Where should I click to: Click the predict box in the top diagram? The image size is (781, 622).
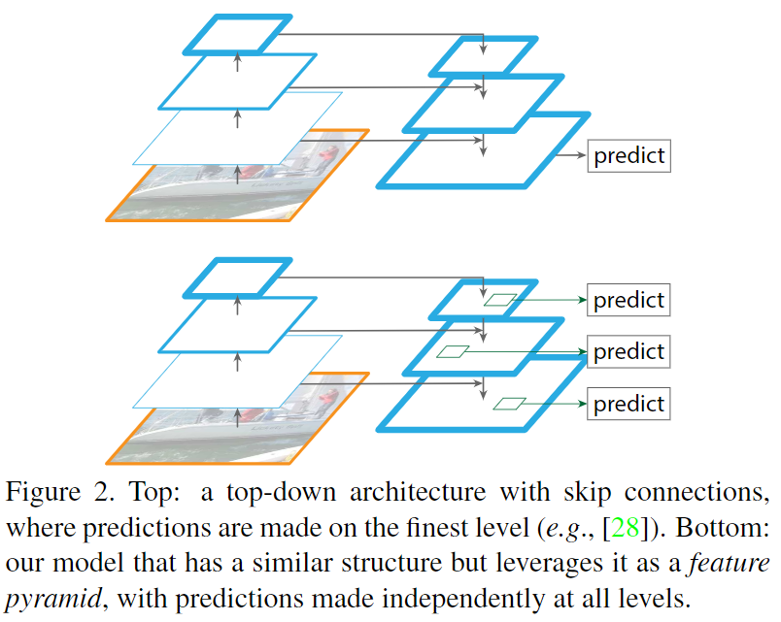[x=628, y=155]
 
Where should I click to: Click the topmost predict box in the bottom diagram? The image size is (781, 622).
[x=628, y=300]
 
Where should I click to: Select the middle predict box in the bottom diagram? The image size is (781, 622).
[x=628, y=351]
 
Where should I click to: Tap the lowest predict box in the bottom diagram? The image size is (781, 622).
[x=628, y=403]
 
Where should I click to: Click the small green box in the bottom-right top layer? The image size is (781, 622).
[x=501, y=300]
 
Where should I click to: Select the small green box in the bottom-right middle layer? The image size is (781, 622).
[x=453, y=351]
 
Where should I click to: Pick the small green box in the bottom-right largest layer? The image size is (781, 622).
[x=510, y=403]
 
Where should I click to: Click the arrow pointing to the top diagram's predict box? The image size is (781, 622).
[x=568, y=155]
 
